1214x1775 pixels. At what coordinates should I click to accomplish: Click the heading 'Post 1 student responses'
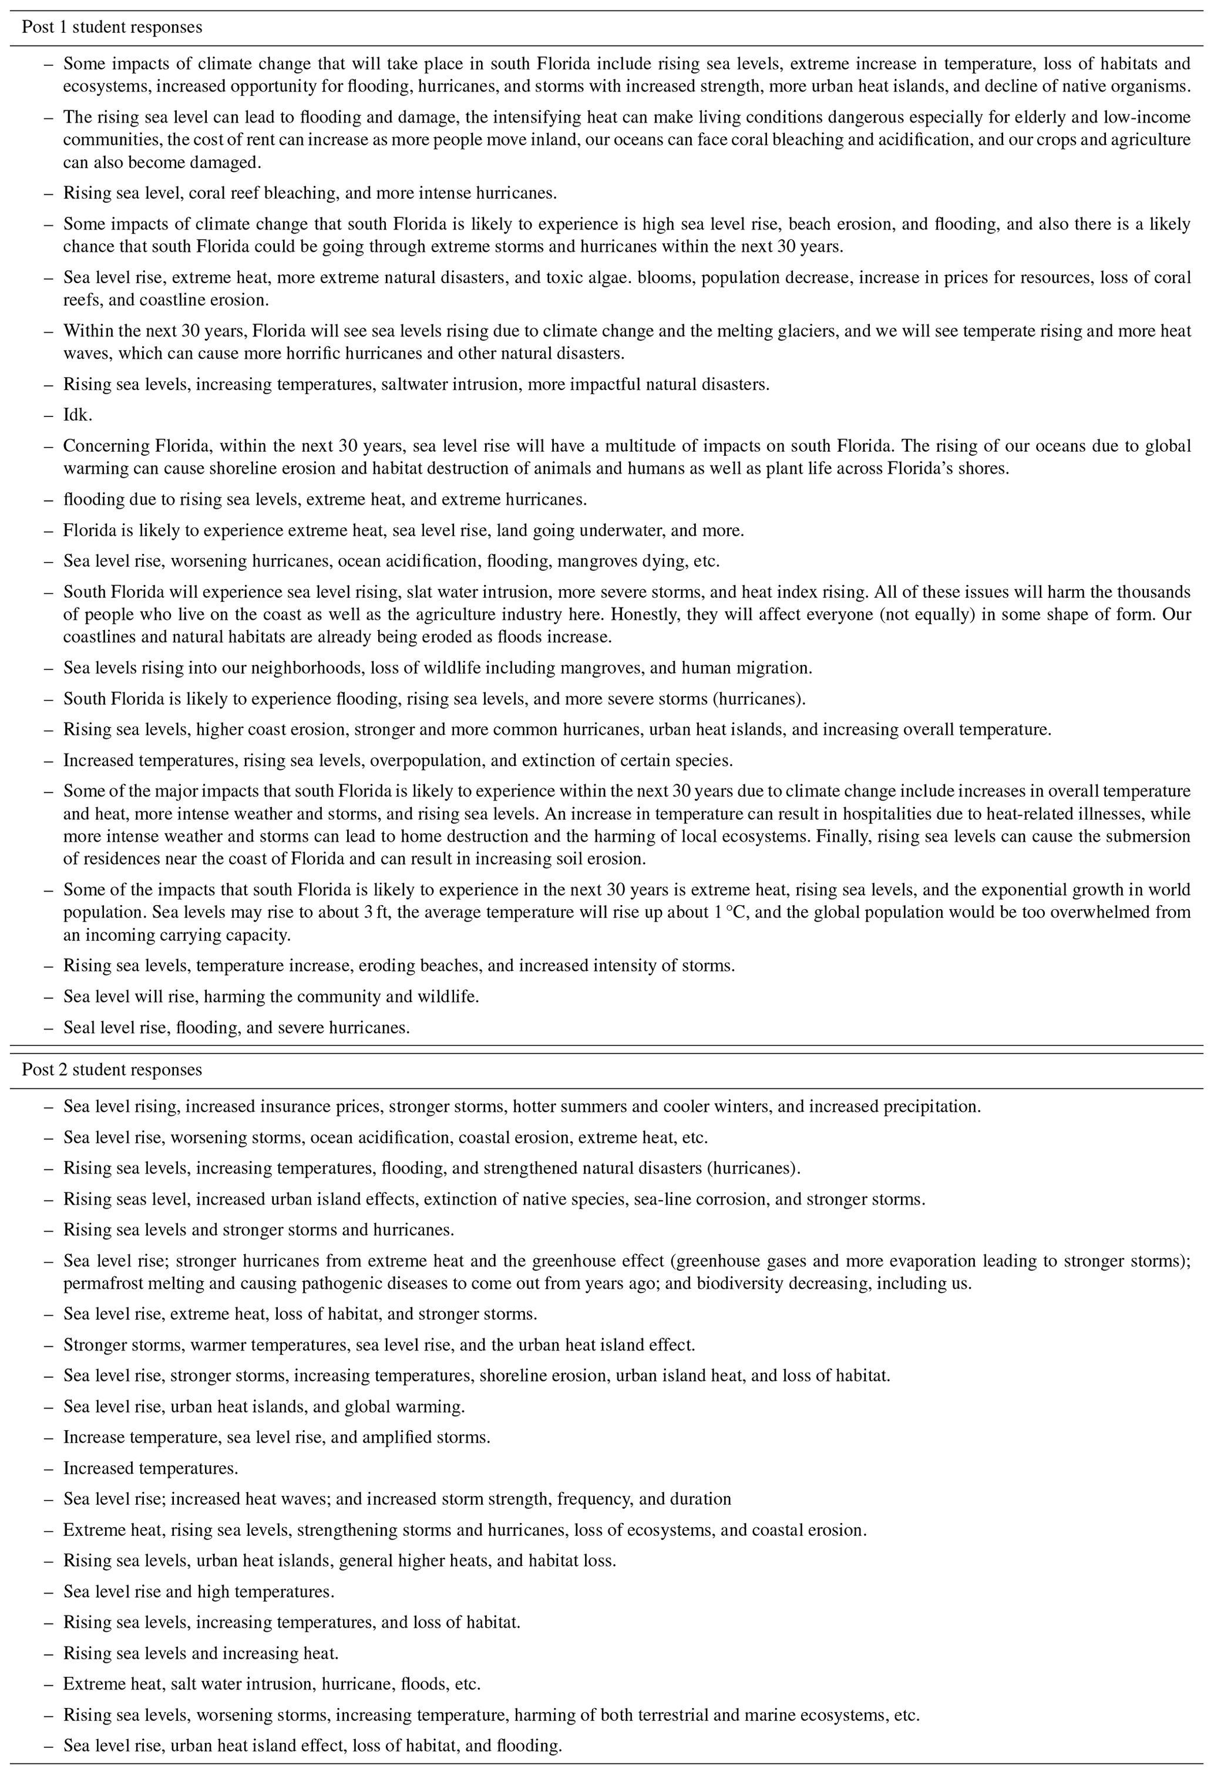(112, 28)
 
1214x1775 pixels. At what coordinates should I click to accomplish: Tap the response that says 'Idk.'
(78, 415)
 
